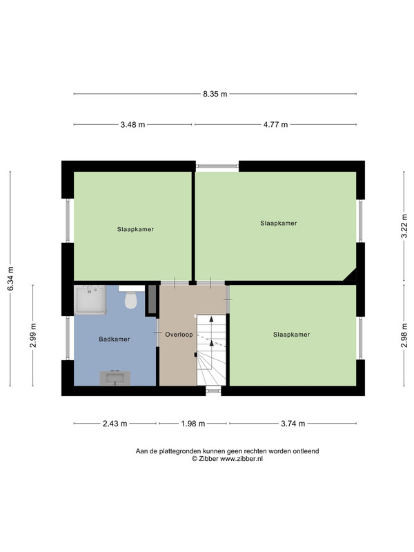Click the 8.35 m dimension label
(x=215, y=94)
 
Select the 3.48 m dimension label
(x=132, y=125)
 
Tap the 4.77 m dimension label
(x=275, y=125)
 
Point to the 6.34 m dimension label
(x=10, y=279)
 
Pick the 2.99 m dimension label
(x=33, y=335)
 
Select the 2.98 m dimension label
(x=404, y=335)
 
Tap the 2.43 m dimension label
(x=115, y=424)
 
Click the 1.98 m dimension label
(x=193, y=424)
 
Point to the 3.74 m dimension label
(x=293, y=424)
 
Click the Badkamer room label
(x=115, y=339)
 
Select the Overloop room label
(x=179, y=335)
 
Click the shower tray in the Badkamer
(x=90, y=300)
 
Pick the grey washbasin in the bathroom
(x=115, y=378)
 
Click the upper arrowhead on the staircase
(x=212, y=319)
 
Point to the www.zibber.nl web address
(x=241, y=459)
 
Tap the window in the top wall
(x=217, y=166)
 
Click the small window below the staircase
(x=213, y=389)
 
